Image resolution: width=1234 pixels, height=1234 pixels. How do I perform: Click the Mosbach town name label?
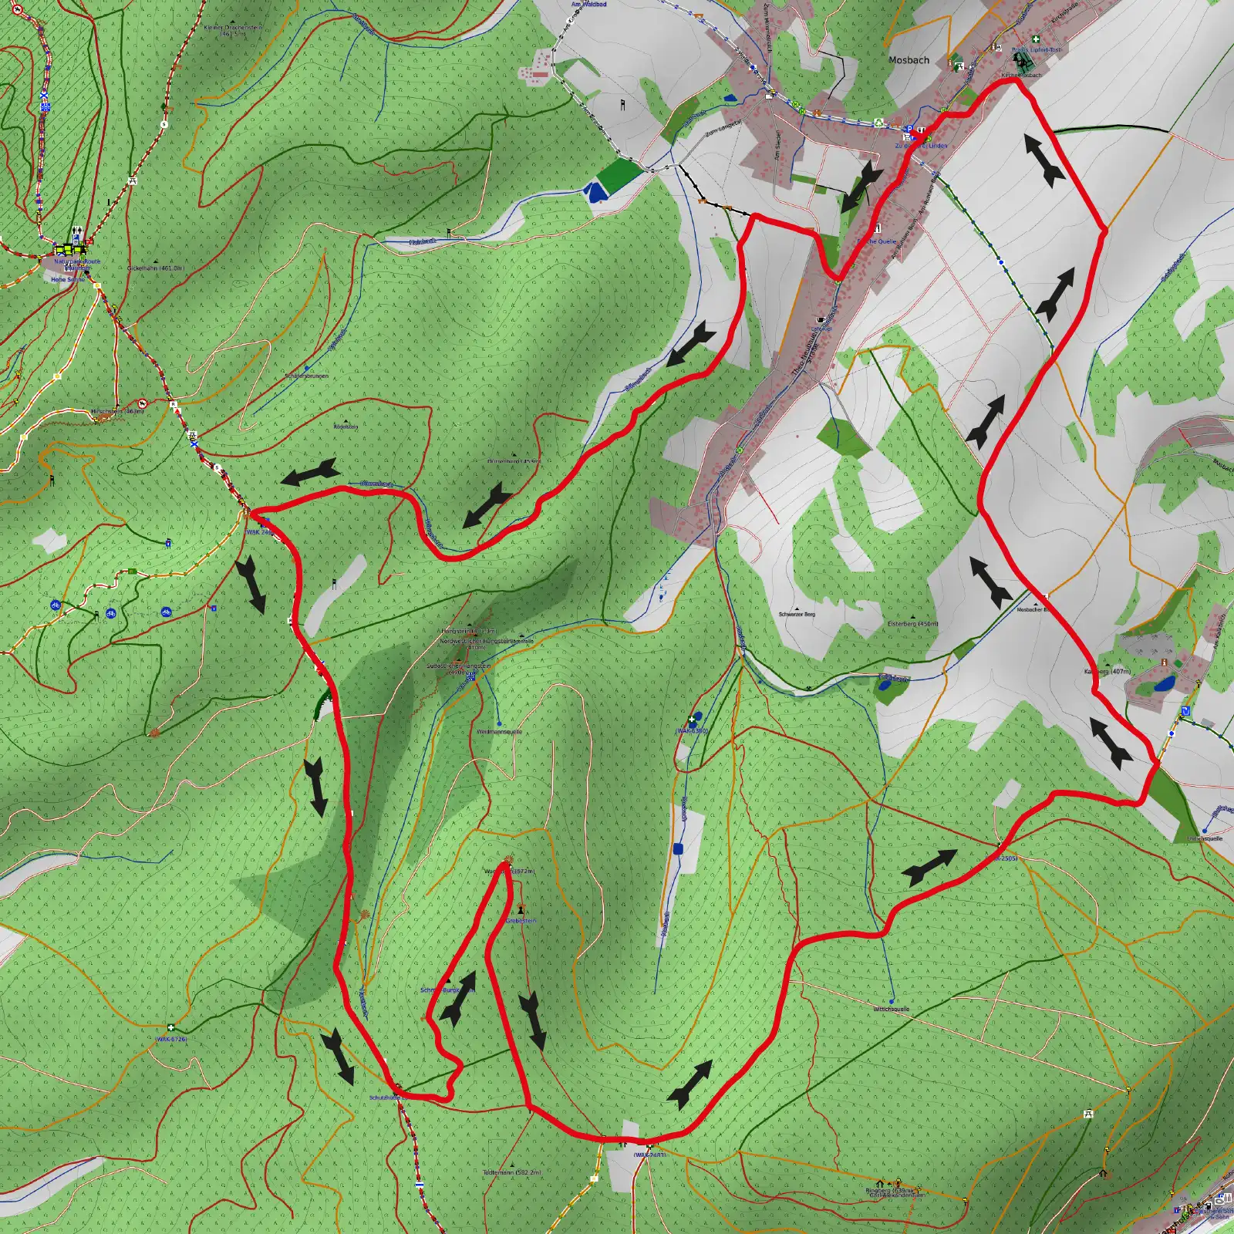(x=909, y=60)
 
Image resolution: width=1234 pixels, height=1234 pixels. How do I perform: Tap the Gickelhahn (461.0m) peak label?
(x=156, y=268)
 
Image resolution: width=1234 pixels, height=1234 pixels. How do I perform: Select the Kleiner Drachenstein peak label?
(x=233, y=30)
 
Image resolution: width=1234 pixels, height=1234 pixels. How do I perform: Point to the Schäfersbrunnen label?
(x=307, y=376)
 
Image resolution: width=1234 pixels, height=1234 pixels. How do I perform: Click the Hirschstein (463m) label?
(x=117, y=412)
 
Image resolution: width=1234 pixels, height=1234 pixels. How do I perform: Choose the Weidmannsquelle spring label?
(x=499, y=731)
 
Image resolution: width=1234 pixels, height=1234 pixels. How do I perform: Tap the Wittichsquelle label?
(x=891, y=1009)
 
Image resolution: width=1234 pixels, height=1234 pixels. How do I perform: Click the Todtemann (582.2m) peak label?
(x=512, y=1172)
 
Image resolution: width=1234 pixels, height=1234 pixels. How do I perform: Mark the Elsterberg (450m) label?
(x=912, y=624)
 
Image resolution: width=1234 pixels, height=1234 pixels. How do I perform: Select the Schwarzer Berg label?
(x=797, y=615)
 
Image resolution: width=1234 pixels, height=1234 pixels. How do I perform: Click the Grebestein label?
(x=521, y=921)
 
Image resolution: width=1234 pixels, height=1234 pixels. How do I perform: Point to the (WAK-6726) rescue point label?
(x=171, y=1039)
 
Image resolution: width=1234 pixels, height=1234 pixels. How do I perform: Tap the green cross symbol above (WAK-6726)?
(x=170, y=1027)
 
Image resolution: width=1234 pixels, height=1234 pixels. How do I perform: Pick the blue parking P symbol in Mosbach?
(x=909, y=129)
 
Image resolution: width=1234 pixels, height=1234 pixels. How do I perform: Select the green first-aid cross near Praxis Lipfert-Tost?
(x=1036, y=39)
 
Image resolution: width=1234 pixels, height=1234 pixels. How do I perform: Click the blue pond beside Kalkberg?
(x=1164, y=683)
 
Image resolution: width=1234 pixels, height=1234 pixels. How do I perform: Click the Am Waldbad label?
(x=588, y=5)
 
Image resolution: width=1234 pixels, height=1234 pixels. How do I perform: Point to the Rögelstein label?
(x=346, y=427)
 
